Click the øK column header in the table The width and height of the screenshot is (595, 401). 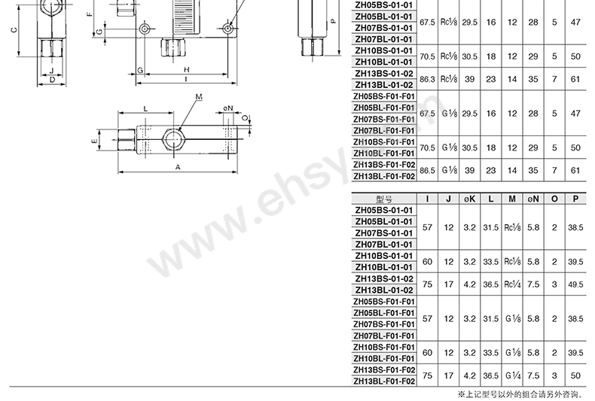pos(469,199)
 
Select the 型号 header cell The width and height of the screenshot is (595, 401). pos(384,199)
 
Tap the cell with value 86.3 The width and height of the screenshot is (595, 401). pos(427,79)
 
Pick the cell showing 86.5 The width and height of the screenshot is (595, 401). pos(427,171)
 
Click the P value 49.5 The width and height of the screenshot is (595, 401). pos(575,284)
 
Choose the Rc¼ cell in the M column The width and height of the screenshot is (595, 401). pos(512,284)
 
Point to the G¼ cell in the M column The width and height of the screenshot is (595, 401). pos(513,375)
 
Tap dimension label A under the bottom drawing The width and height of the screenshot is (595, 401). pos(178,167)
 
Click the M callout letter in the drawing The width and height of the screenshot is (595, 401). pos(199,97)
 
